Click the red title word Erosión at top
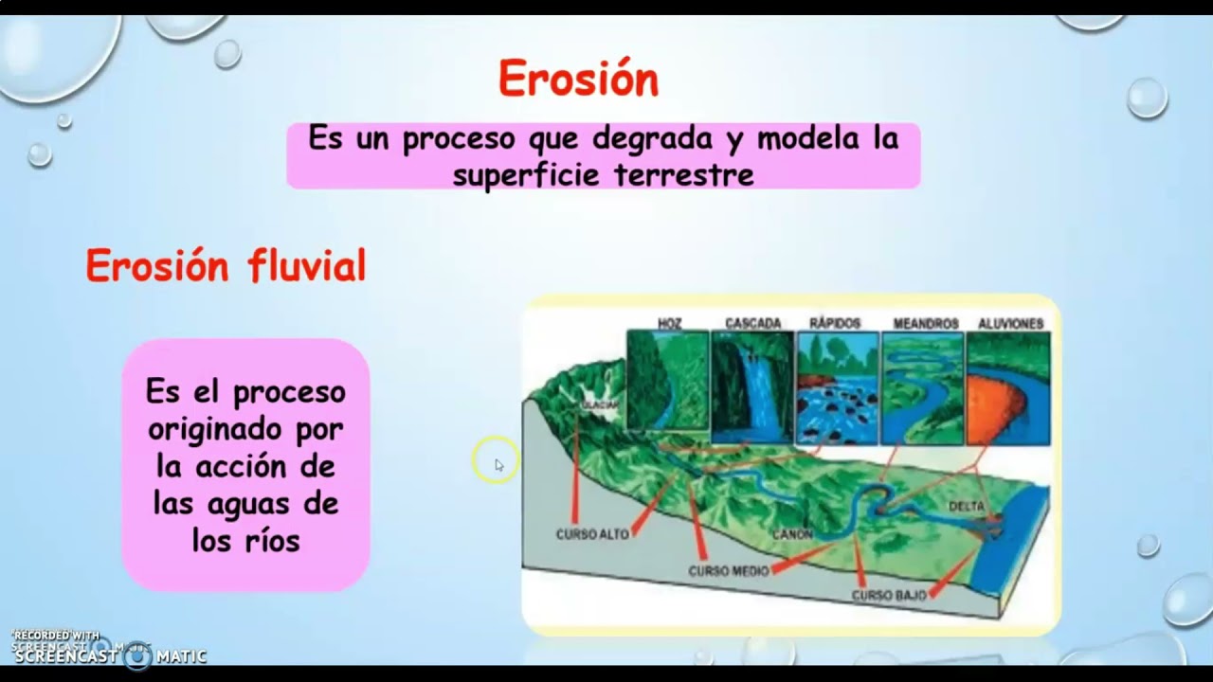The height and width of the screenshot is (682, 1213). (578, 80)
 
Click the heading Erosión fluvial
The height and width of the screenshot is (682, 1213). (226, 266)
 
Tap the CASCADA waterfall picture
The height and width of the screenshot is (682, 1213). (752, 387)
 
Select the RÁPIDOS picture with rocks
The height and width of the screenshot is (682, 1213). (837, 387)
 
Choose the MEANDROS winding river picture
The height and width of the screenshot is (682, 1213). (922, 387)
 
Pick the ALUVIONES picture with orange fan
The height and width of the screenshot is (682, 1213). (1007, 387)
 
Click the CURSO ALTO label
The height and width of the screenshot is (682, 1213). (592, 534)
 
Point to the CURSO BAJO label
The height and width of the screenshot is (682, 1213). (888, 596)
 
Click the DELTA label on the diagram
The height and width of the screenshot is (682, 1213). (967, 507)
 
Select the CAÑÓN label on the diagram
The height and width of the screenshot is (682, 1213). (792, 535)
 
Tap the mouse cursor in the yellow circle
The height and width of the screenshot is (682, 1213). (498, 463)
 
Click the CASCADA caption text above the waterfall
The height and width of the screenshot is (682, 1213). (752, 323)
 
